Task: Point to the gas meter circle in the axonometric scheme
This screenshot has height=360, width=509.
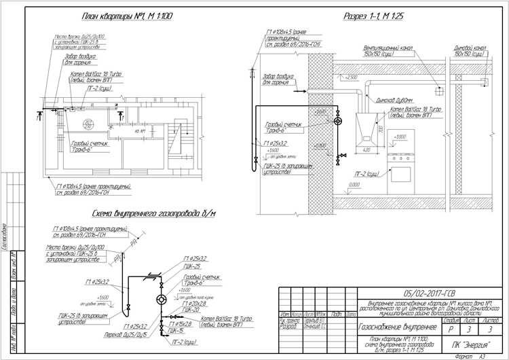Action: point(161,299)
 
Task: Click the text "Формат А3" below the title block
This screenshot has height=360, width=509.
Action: point(470,355)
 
